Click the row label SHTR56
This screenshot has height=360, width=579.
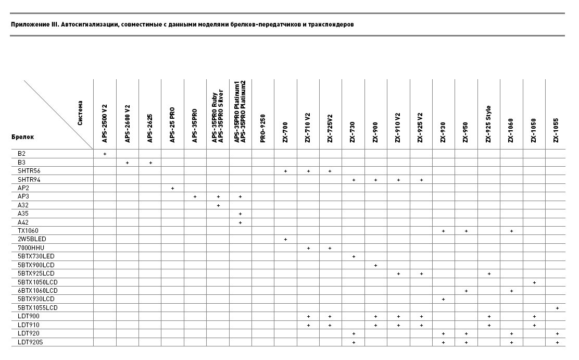[29, 171]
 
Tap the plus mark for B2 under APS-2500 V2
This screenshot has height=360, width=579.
[105, 154]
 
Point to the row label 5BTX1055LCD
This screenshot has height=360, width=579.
[37, 308]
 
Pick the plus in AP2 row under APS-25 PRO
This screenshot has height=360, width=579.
[172, 188]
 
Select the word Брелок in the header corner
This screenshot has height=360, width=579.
[22, 137]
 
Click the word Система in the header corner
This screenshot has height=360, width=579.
[80, 113]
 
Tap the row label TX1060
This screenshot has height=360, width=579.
[28, 231]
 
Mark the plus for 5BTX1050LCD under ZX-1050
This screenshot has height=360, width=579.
[534, 282]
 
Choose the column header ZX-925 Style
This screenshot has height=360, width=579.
[488, 124]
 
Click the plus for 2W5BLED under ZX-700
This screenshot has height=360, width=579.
[285, 239]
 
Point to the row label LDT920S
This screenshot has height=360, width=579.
[30, 342]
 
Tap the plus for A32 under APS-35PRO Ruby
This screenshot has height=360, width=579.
[218, 205]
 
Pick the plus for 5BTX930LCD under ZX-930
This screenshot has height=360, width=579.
[443, 300]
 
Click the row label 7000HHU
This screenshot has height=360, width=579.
[30, 248]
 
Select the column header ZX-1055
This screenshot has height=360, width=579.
[556, 130]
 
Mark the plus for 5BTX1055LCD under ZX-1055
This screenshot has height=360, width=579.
[557, 308]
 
